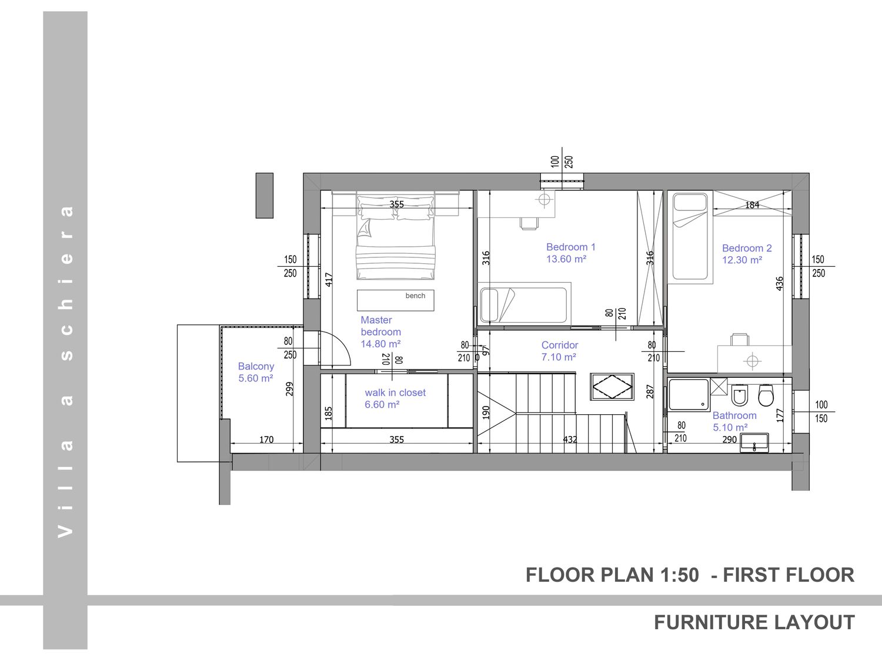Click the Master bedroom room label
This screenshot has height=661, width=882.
click(380, 332)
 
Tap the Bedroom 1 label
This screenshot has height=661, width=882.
click(570, 253)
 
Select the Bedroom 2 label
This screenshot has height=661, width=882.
click(747, 254)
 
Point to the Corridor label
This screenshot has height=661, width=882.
click(559, 351)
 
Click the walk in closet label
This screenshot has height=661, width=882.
click(395, 398)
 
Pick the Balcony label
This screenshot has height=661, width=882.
click(256, 372)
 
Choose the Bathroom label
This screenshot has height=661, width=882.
click(734, 421)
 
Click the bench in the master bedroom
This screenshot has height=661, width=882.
click(395, 300)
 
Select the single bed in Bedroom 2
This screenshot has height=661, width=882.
click(690, 237)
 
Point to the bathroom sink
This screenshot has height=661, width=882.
click(754, 442)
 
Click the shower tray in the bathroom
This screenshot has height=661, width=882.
click(689, 395)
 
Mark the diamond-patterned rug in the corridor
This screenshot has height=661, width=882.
click(612, 387)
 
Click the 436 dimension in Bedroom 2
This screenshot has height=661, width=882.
click(780, 283)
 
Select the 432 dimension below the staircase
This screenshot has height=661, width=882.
click(570, 439)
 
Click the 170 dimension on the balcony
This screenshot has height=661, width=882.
click(266, 439)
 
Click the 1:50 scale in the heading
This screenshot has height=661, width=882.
click(679, 575)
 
